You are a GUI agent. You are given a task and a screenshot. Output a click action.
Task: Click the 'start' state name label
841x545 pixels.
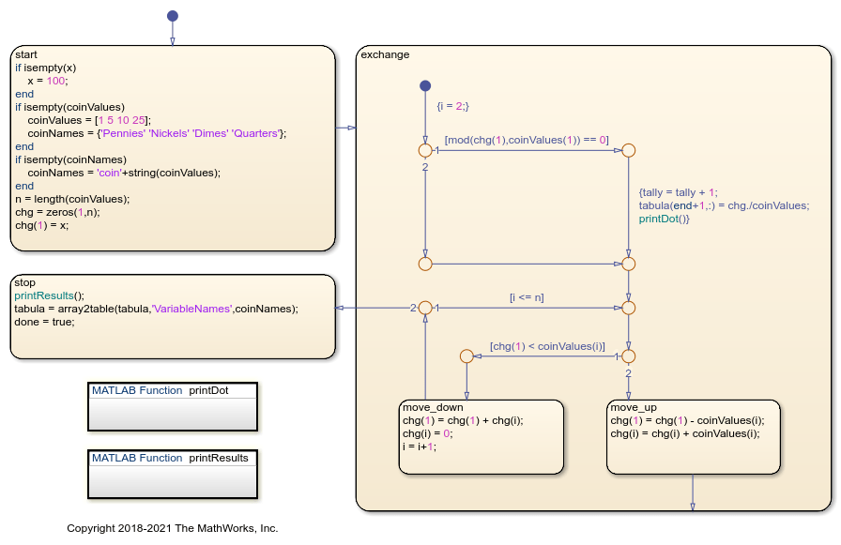pos(26,54)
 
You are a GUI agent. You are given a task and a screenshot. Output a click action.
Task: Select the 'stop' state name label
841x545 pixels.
pos(25,282)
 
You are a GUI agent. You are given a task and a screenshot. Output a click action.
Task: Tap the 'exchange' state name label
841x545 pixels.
pos(385,54)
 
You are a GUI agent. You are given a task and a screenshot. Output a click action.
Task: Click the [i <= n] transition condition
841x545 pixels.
pos(527,297)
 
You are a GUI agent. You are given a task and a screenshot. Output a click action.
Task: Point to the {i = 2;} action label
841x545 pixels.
pos(452,106)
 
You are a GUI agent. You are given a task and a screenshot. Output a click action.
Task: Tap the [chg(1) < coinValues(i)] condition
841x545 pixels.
pos(547,346)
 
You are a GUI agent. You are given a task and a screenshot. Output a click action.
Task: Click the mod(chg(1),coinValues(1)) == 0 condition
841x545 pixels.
pos(527,140)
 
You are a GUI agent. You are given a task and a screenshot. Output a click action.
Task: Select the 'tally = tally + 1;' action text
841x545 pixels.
pos(678,192)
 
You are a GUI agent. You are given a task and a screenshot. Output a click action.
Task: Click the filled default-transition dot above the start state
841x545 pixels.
pos(172,16)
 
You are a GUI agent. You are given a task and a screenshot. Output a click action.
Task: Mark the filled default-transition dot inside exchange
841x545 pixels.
pos(424,86)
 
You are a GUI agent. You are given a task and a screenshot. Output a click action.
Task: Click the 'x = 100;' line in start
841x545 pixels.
pos(48,81)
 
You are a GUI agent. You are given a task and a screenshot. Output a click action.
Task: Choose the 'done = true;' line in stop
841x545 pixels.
pos(44,322)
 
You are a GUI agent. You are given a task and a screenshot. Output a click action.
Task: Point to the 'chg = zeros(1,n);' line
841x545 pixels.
pos(58,212)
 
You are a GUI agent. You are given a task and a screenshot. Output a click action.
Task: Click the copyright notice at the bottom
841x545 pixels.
pos(172,528)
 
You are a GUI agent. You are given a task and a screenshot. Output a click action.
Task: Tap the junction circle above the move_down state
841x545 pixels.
pos(466,356)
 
